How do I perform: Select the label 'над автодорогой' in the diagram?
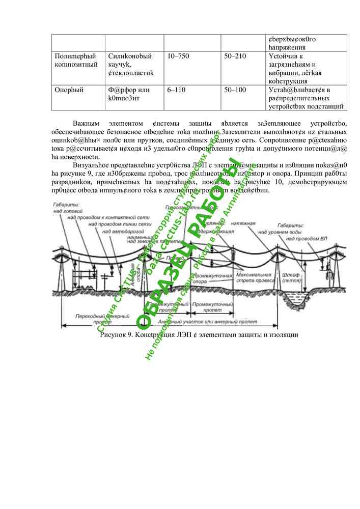tap(120, 231)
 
